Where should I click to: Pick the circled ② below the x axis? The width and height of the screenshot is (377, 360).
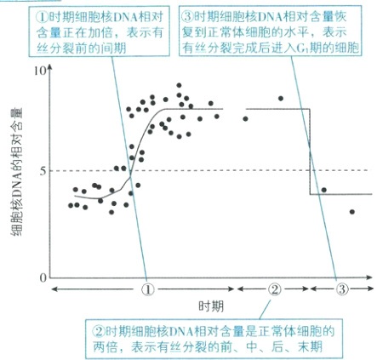pyautogui.click(x=274, y=289)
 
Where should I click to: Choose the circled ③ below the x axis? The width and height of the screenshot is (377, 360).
pyautogui.click(x=341, y=289)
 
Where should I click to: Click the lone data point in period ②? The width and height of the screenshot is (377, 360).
pyautogui.click(x=281, y=99)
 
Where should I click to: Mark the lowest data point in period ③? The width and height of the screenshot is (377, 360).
pyautogui.click(x=351, y=212)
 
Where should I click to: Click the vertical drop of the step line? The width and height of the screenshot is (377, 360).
pyautogui.click(x=309, y=151)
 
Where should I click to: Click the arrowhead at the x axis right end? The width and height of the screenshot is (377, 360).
pyautogui.click(x=371, y=278)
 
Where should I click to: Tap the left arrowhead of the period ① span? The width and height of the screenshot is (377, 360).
pyautogui.click(x=54, y=289)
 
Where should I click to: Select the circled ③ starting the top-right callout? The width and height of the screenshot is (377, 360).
pyautogui.click(x=186, y=14)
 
